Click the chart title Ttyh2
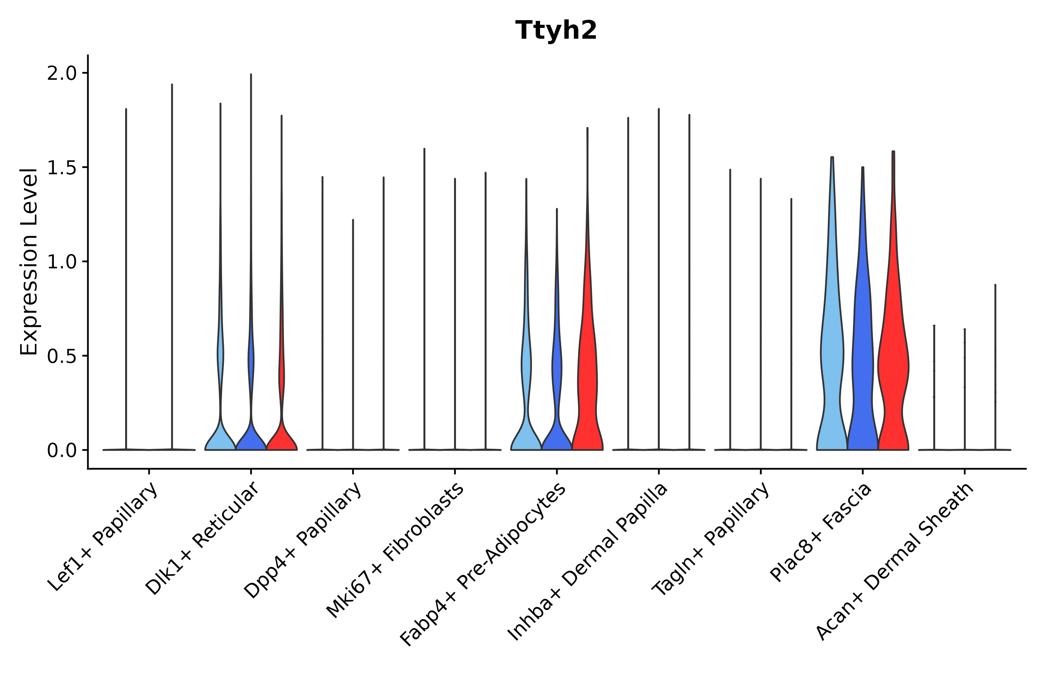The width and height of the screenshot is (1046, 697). [x=556, y=31]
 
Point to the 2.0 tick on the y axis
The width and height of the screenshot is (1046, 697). [x=62, y=73]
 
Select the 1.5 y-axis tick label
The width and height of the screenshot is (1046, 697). [x=62, y=168]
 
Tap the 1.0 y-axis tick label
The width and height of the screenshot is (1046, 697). [x=62, y=262]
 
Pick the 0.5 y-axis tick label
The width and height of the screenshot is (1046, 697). [x=62, y=356]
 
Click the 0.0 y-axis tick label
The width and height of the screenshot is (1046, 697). [x=62, y=451]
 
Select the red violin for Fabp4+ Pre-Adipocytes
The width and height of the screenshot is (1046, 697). [x=587, y=378]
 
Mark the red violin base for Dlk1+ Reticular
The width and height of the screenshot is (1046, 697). [x=282, y=440]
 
